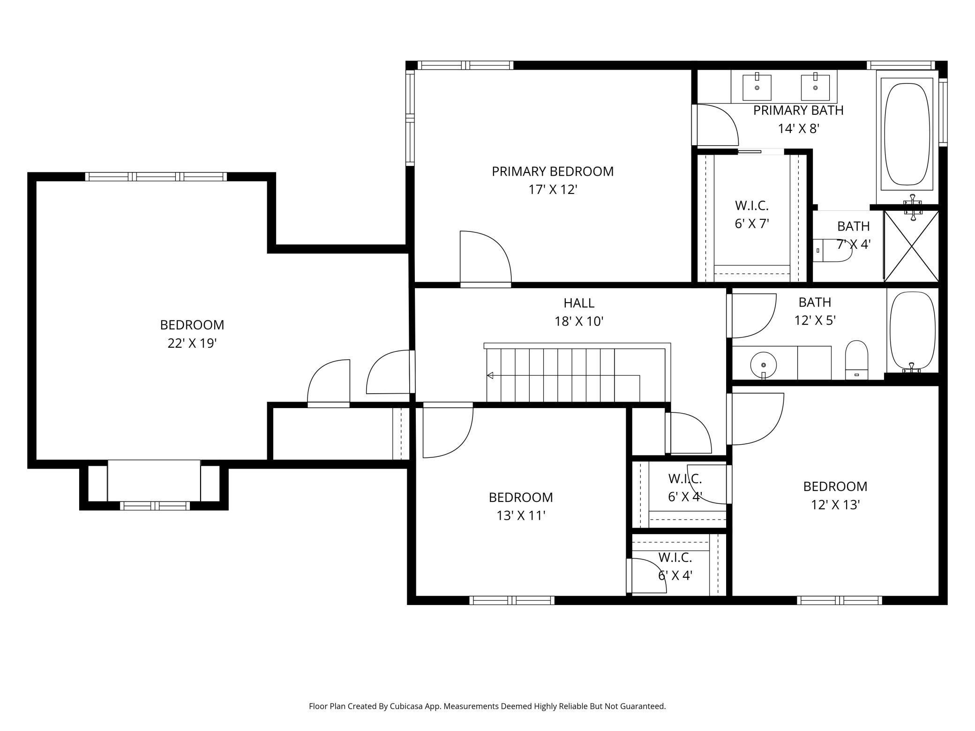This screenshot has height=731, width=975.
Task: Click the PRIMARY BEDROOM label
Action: click(553, 172)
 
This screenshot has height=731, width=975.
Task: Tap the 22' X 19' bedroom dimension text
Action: click(192, 343)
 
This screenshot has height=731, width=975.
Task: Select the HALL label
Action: click(579, 303)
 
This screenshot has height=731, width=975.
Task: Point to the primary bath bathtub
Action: click(907, 134)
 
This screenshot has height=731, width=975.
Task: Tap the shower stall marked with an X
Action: click(911, 246)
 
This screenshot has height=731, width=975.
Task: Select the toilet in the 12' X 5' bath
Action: click(856, 360)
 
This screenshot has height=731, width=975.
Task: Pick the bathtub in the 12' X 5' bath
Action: click(912, 331)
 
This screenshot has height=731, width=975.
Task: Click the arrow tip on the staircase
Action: click(488, 375)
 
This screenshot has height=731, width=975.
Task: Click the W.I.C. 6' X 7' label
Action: click(752, 215)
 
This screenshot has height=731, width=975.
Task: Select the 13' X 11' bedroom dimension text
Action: click(521, 516)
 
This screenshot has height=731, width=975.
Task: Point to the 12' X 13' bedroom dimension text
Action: click(835, 505)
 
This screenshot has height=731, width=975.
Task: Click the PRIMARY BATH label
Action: click(798, 111)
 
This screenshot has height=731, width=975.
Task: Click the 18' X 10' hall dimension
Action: click(579, 321)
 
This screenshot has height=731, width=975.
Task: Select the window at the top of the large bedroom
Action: click(156, 177)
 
